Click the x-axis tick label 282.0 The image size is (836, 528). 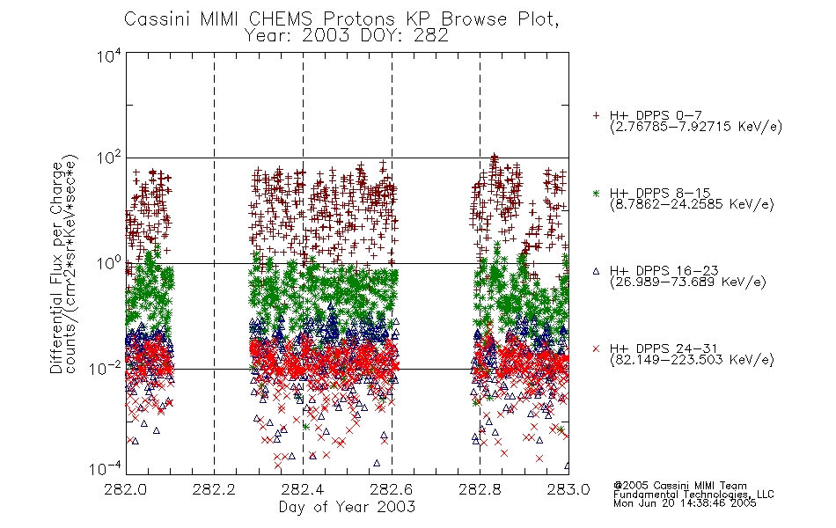pos(126,489)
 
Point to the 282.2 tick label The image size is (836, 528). pos(215,489)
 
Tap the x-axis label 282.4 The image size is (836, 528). pos(303,489)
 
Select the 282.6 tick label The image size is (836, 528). pos(392,489)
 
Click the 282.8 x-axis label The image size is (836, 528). pos(480,489)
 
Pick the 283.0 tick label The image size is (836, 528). pos(568,489)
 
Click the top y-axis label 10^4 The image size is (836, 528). pos(109,56)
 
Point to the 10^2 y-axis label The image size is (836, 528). pos(109,158)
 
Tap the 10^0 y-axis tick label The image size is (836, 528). pos(109,263)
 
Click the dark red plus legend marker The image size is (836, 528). pos(596,115)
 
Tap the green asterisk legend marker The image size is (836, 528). pos(596,193)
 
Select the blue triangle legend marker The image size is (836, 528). pos(596,271)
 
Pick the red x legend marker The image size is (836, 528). pos(596,348)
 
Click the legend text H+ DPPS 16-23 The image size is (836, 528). pos(664,270)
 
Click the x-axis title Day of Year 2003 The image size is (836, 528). pos(347,507)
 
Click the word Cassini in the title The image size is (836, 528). pos(158,19)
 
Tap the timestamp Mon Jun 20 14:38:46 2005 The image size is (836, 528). pos(685,503)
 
